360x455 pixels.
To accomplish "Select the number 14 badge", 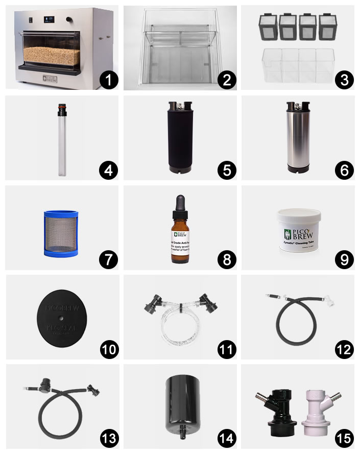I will pyautogui.click(x=225, y=438).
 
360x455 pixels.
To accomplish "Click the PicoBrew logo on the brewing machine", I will pyautogui.click(x=50, y=78).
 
